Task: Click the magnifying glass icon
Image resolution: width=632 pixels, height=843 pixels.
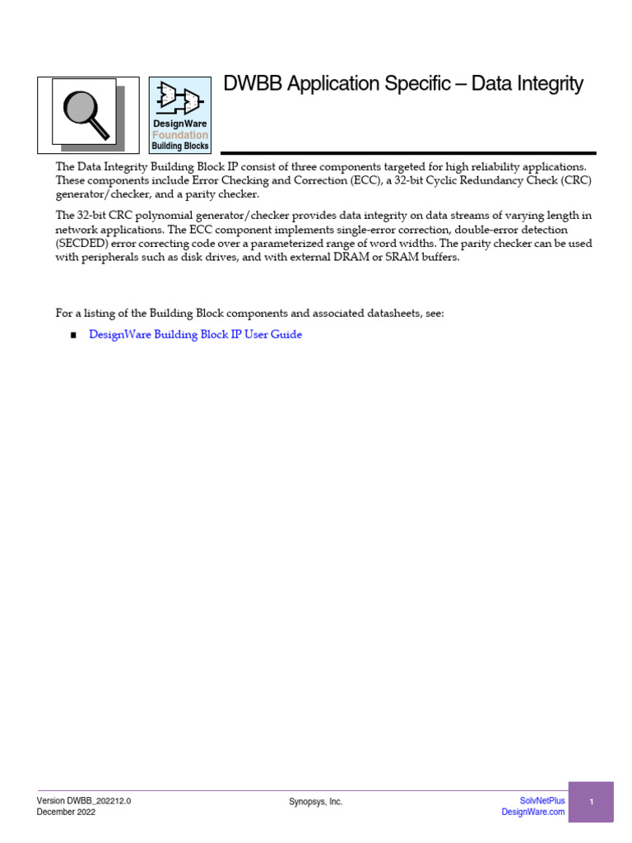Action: click(x=87, y=114)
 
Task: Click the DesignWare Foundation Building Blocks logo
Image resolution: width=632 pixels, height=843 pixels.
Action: click(x=179, y=115)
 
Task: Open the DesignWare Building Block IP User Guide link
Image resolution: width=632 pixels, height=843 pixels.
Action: click(x=195, y=335)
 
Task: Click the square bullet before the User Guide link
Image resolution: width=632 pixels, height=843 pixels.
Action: click(x=72, y=336)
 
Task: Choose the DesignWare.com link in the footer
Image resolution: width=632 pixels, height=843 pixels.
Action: click(x=533, y=813)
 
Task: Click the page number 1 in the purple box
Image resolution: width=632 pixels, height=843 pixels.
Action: click(x=591, y=802)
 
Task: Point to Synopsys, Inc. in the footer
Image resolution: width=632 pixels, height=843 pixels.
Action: click(x=316, y=802)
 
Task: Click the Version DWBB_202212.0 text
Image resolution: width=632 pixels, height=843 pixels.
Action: click(x=84, y=800)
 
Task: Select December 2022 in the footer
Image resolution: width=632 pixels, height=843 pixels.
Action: click(x=66, y=813)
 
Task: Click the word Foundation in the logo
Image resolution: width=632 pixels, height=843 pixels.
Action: click(x=180, y=135)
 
